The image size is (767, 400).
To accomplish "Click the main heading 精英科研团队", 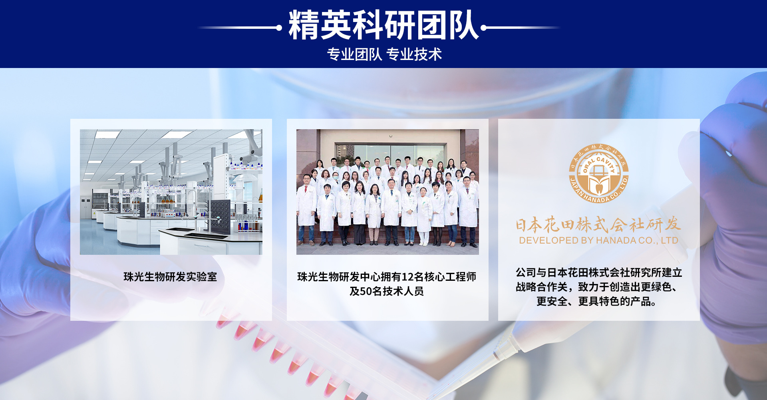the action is [x=383, y=25].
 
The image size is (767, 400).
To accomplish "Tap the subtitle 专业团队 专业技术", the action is [x=384, y=54].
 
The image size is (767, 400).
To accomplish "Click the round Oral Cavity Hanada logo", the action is [x=598, y=173].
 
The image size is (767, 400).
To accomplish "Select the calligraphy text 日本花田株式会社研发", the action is [x=598, y=224].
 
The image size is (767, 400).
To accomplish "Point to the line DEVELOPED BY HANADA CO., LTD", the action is [x=598, y=240].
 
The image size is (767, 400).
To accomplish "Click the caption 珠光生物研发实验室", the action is [x=170, y=277].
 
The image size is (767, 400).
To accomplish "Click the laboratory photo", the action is [x=171, y=192].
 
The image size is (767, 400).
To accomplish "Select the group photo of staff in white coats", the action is [x=387, y=192].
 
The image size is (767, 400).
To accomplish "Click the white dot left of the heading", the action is [x=279, y=28].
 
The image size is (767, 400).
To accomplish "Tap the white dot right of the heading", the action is [x=483, y=28].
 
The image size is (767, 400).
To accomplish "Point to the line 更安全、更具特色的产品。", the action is [x=597, y=301].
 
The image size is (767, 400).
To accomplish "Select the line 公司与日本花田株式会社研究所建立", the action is [x=599, y=272].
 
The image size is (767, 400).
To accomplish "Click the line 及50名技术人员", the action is [x=386, y=291].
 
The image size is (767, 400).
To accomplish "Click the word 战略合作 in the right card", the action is [x=537, y=287].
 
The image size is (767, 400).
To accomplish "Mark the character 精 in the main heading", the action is [x=304, y=25].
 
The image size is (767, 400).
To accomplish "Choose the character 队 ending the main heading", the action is [x=464, y=25].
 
